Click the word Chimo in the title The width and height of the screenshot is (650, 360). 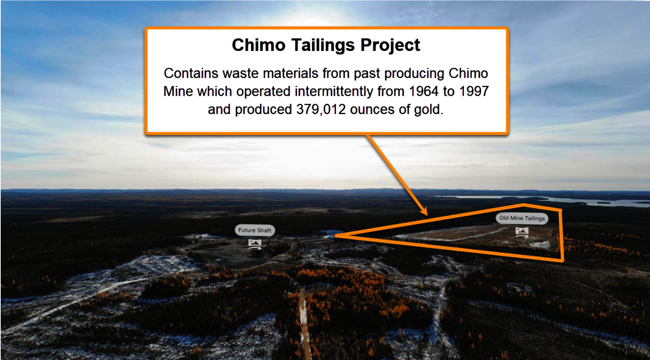click(x=259, y=45)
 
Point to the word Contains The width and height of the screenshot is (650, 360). click(x=191, y=73)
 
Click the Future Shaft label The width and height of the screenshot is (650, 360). click(x=255, y=230)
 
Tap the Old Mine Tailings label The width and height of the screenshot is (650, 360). click(x=522, y=218)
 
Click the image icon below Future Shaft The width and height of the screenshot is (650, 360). click(x=255, y=244)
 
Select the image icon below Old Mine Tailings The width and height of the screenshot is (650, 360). click(x=522, y=232)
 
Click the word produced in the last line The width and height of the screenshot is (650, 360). click(x=263, y=110)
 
